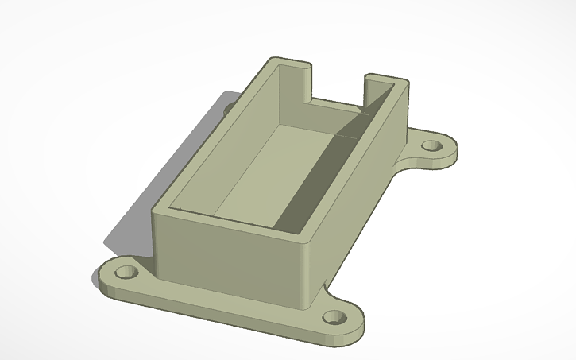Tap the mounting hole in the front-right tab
(x=334, y=319)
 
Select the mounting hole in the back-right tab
(x=431, y=147)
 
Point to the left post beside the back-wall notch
(x=293, y=79)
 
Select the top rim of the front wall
(x=230, y=221)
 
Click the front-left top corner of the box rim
(x=157, y=207)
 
